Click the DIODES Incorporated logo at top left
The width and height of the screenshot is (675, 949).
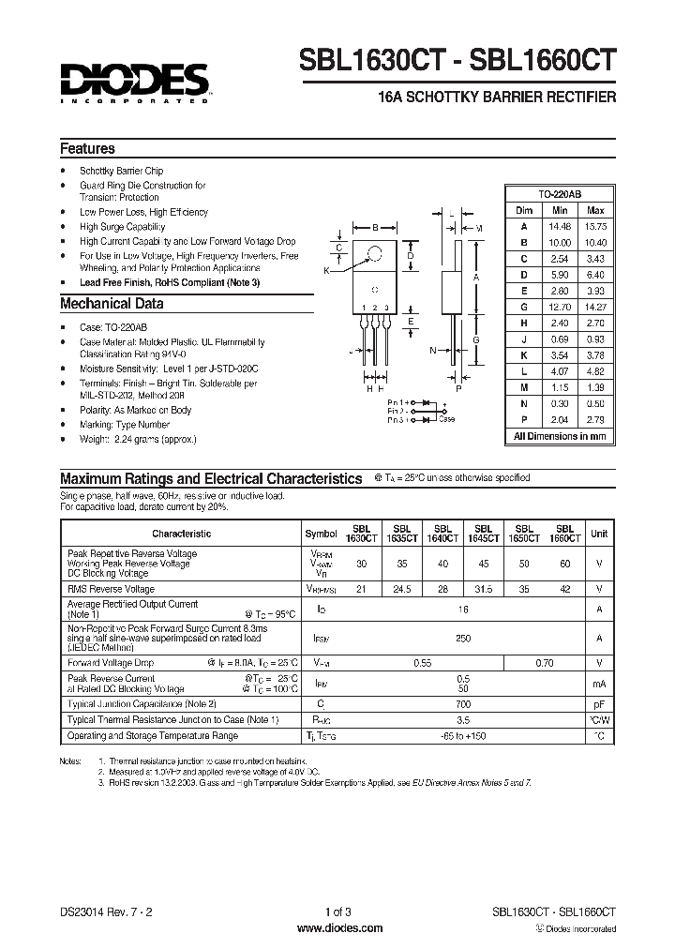coord(137,82)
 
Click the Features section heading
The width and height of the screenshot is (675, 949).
coord(87,149)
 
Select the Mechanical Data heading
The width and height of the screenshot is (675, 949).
coord(112,304)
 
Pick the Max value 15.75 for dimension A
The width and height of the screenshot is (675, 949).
coord(594,226)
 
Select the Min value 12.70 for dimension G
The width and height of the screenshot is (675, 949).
coord(561,306)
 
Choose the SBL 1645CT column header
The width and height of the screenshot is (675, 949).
coord(484,534)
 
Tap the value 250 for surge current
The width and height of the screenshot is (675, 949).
coord(463,639)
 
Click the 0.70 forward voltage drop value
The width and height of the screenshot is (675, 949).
coord(544,663)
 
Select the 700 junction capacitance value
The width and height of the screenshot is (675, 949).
coord(463,703)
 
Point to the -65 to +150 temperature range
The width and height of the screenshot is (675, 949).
coord(463,737)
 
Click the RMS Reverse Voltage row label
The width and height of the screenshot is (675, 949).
coord(111,589)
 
